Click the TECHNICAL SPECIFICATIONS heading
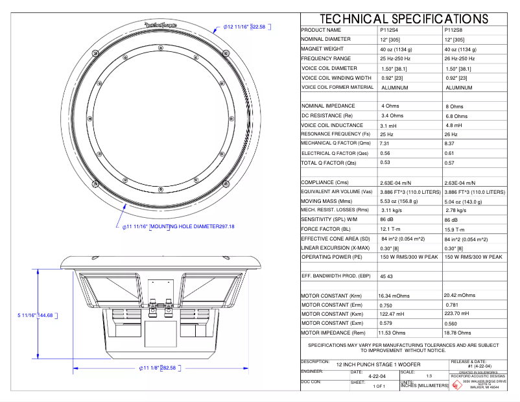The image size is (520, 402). point(403,19)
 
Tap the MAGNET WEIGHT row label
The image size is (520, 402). point(322,49)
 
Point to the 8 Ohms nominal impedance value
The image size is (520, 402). point(454,106)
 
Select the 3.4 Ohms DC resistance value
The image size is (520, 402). point(394,115)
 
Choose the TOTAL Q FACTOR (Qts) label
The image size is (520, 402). point(329,163)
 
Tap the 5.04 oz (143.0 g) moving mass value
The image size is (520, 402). point(466,202)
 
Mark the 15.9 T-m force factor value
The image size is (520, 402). point(457,230)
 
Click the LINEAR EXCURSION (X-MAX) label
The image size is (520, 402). point(335,248)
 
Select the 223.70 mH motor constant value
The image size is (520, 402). point(460,314)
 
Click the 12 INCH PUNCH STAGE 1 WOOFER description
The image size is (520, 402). point(374,366)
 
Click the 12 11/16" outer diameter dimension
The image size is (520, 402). point(245,27)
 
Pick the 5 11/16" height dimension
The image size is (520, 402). point(35,316)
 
